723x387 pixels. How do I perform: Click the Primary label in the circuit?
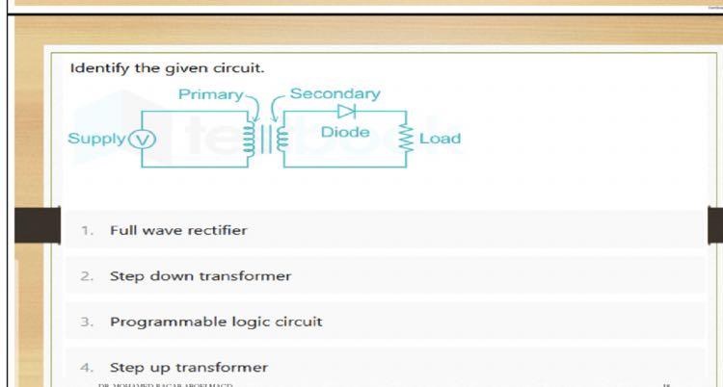pyautogui.click(x=210, y=94)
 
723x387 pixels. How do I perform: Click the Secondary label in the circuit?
pyautogui.click(x=335, y=94)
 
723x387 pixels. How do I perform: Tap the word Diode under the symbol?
pyautogui.click(x=345, y=133)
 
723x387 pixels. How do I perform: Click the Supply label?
pyautogui.click(x=96, y=138)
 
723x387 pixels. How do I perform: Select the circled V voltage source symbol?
pyautogui.click(x=141, y=139)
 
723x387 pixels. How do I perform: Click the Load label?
pyautogui.click(x=440, y=139)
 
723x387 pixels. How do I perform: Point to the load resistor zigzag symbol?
pyautogui.click(x=406, y=139)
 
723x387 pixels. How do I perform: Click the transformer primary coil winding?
pyautogui.click(x=251, y=139)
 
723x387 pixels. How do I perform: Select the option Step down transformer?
pyautogui.click(x=200, y=276)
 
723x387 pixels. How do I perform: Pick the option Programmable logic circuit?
pyautogui.click(x=216, y=322)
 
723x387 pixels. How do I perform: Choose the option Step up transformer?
pyautogui.click(x=188, y=367)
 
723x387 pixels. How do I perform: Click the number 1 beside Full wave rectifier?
pyautogui.click(x=86, y=231)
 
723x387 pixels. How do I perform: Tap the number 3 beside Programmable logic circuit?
pyautogui.click(x=86, y=322)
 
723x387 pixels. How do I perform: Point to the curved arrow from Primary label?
pyautogui.click(x=254, y=103)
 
